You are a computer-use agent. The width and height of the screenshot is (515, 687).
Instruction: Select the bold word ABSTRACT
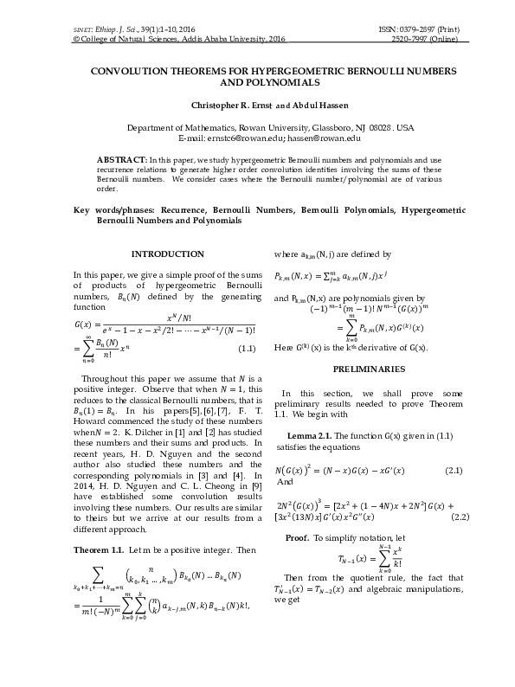[122, 161]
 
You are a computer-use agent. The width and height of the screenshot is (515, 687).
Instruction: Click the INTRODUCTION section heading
[166, 254]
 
